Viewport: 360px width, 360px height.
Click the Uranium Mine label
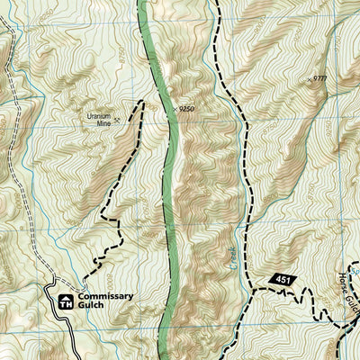pyautogui.click(x=97, y=119)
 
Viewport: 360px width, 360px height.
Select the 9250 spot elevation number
pyautogui.click(x=187, y=109)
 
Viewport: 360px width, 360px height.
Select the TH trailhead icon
pyautogui.click(x=65, y=302)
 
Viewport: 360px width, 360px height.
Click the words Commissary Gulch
pyautogui.click(x=105, y=301)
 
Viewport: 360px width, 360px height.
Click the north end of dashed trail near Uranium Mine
pyautogui.click(x=142, y=102)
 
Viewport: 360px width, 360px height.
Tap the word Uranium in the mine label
pyautogui.click(x=97, y=115)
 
